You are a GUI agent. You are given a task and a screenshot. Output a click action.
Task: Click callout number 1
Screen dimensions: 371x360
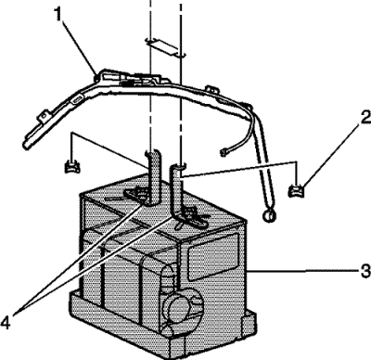click(59, 15)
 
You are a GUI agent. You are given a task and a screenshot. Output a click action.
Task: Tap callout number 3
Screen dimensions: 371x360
click(365, 271)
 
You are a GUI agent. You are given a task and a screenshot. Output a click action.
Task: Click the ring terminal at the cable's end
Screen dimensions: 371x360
click(268, 215)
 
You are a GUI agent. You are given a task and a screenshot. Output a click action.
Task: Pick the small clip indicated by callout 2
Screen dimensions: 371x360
click(295, 190)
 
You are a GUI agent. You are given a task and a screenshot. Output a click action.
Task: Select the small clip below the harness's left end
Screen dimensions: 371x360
click(72, 166)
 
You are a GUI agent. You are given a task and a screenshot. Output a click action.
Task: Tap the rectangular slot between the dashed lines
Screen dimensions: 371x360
click(165, 47)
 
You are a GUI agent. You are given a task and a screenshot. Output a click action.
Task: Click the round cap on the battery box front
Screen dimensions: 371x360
click(180, 309)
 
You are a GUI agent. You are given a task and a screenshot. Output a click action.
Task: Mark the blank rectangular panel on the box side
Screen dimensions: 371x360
click(213, 257)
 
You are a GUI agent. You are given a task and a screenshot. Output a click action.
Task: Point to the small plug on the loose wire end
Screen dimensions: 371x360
click(223, 152)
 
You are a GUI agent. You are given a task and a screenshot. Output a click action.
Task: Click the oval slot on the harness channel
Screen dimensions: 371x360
click(76, 100)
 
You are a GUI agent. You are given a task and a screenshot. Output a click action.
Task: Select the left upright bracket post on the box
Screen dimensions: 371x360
click(153, 177)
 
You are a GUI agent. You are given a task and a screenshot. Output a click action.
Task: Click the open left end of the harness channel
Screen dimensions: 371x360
click(27, 145)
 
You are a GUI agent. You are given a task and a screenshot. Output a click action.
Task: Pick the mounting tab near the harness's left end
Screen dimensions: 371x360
click(44, 115)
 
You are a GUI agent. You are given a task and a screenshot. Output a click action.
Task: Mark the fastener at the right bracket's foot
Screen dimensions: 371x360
click(189, 213)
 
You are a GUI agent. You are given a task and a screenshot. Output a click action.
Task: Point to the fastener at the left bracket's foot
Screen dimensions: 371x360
click(141, 195)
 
